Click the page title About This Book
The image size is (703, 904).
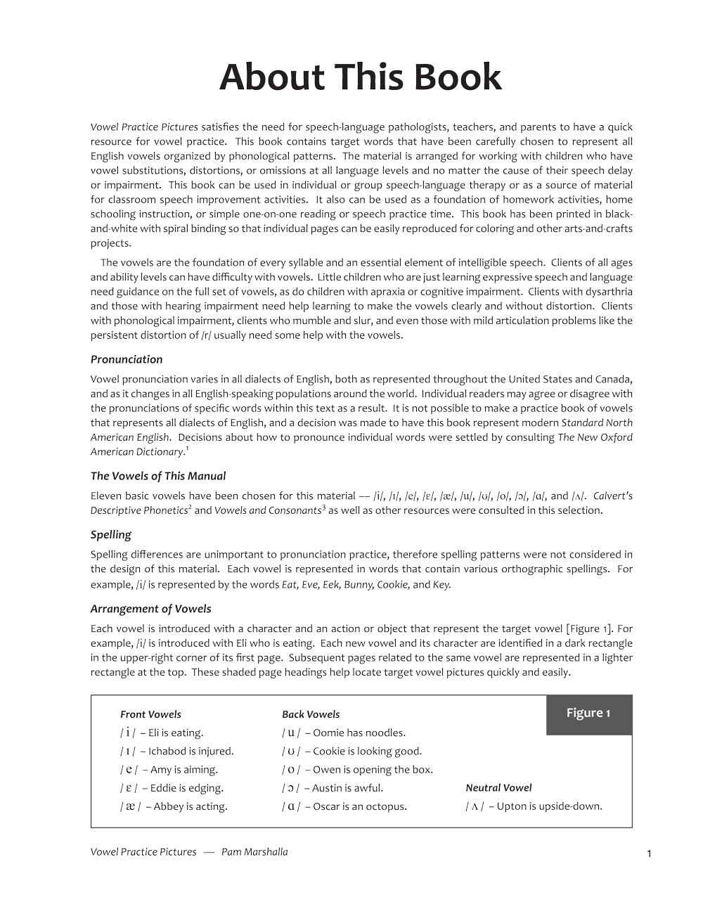pyautogui.click(x=360, y=77)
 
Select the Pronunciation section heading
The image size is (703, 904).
pyautogui.click(x=127, y=359)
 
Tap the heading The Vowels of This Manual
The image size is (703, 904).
pyautogui.click(x=158, y=476)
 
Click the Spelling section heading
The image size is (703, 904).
pyautogui.click(x=111, y=534)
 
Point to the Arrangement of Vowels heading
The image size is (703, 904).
pyautogui.click(x=150, y=609)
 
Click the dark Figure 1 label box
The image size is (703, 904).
pyautogui.click(x=588, y=713)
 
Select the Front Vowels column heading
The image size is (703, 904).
pyautogui.click(x=150, y=714)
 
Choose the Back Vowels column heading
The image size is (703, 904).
pyautogui.click(x=311, y=714)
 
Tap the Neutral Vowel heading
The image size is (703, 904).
pyautogui.click(x=498, y=788)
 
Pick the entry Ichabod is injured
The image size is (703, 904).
pyautogui.click(x=177, y=751)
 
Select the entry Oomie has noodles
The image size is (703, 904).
pyautogui.click(x=344, y=732)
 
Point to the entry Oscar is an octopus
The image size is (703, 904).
pyautogui.click(x=344, y=806)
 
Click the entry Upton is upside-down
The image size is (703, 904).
pyautogui.click(x=534, y=806)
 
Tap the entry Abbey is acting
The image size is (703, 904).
pyautogui.click(x=174, y=806)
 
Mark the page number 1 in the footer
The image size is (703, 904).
pyautogui.click(x=649, y=853)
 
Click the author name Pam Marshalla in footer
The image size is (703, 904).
pyautogui.click(x=254, y=852)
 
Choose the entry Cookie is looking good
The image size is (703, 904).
pyautogui.click(x=352, y=751)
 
